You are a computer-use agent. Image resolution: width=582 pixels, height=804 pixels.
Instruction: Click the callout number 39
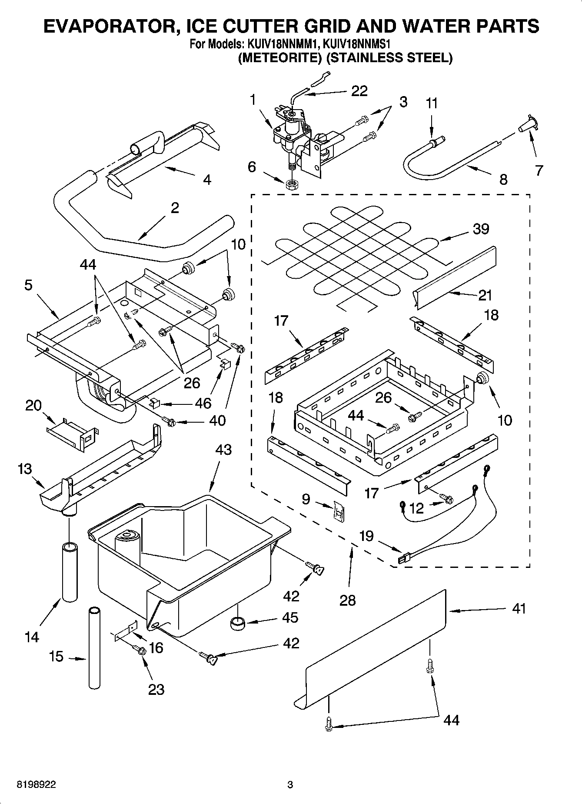[x=481, y=229]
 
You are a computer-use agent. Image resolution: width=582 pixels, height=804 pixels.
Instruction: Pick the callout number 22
[x=359, y=91]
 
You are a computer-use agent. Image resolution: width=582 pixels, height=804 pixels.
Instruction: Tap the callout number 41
[x=519, y=608]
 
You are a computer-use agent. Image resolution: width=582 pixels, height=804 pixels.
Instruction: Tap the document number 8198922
[x=36, y=785]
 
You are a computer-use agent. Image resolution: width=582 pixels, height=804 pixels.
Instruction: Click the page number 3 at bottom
[x=290, y=785]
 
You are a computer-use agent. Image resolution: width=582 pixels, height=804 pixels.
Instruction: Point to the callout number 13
[x=25, y=469]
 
